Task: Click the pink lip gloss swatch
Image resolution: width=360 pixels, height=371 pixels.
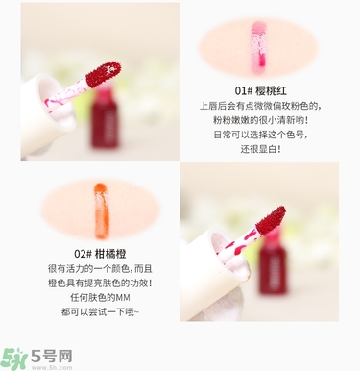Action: coord(257,48)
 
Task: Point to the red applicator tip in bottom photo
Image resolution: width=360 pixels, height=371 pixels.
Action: coord(268,221)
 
